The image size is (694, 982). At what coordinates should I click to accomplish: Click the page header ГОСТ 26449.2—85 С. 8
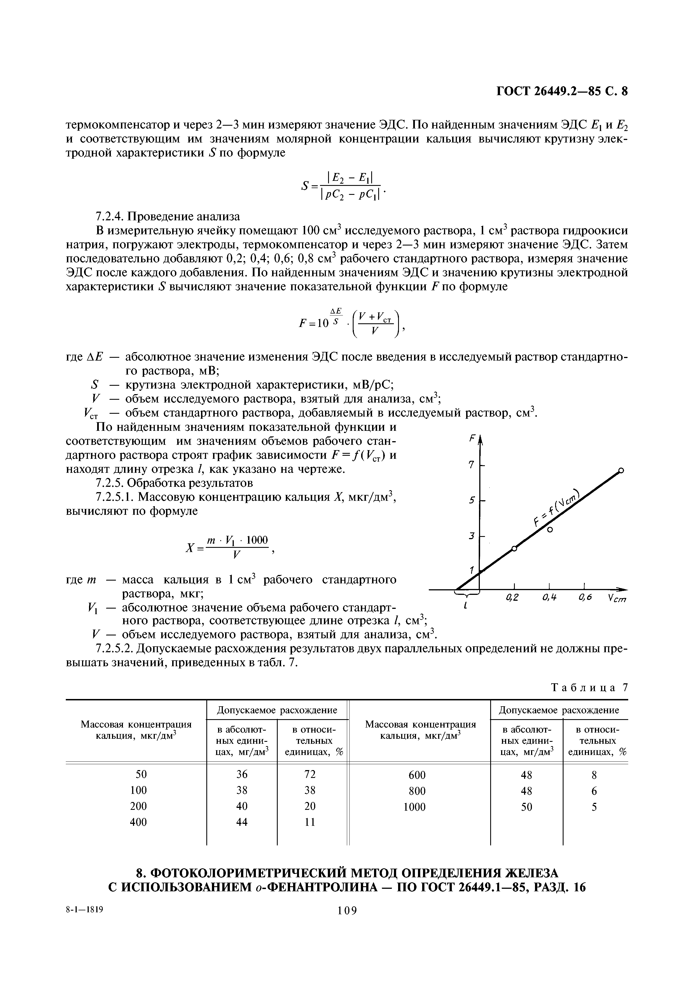point(562,92)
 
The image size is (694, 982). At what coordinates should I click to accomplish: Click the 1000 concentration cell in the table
point(415,807)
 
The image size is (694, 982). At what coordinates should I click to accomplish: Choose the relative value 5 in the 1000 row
point(594,807)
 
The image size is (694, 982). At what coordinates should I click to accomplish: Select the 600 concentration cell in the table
point(417,775)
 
